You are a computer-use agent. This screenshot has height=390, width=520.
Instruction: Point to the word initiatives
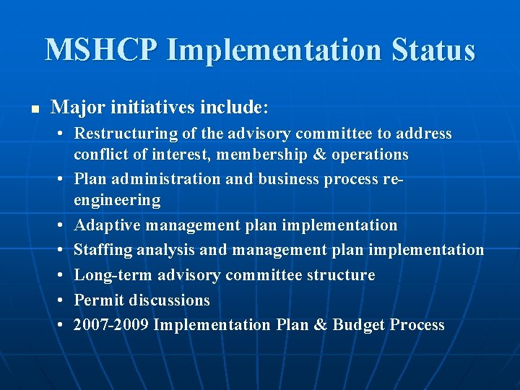[152, 108]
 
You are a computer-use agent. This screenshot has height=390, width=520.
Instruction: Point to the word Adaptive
[108, 225]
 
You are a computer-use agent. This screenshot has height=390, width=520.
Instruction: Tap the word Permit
[98, 300]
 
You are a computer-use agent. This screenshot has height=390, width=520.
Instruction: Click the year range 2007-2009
[111, 325]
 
